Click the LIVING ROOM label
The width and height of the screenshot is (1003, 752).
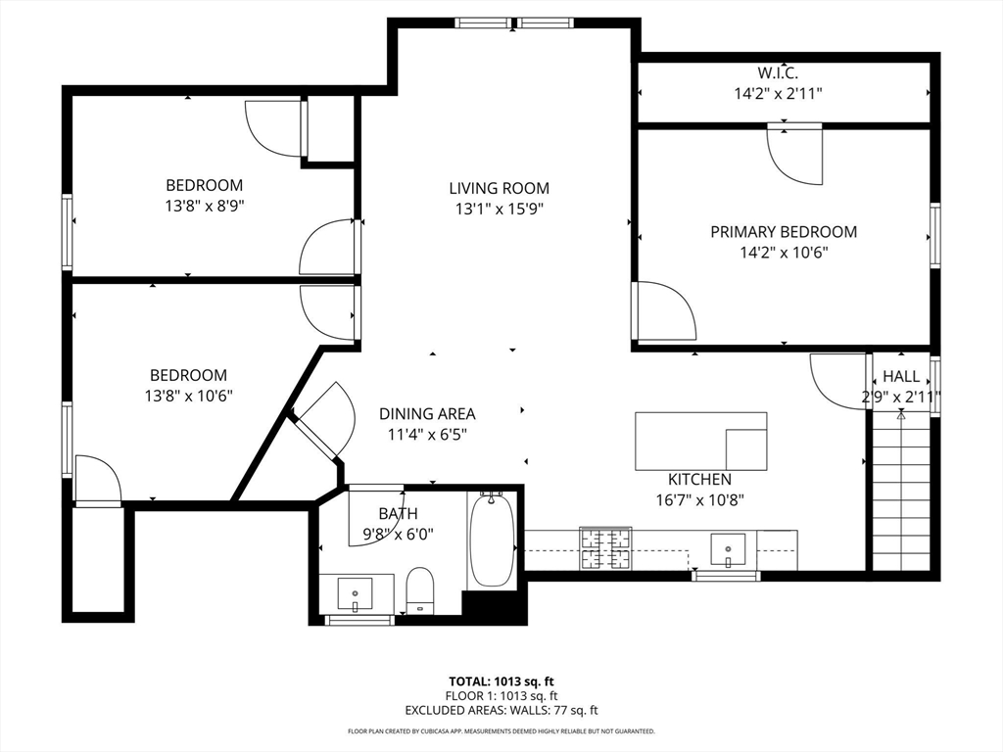pyautogui.click(x=499, y=188)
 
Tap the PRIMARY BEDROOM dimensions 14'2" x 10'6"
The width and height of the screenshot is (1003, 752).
pyautogui.click(x=785, y=253)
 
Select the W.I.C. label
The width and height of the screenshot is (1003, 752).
pyautogui.click(x=777, y=72)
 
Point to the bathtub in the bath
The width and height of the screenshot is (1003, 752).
pyautogui.click(x=492, y=540)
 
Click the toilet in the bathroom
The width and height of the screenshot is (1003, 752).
pyautogui.click(x=420, y=588)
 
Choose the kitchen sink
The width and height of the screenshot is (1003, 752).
pyautogui.click(x=728, y=549)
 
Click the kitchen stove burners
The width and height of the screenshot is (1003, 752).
pyautogui.click(x=605, y=548)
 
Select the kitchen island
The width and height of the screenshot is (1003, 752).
pyautogui.click(x=701, y=442)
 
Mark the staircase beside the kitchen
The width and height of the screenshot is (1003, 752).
pyautogui.click(x=901, y=493)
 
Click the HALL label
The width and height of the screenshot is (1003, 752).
pyautogui.click(x=901, y=376)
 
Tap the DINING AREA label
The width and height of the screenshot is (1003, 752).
pyautogui.click(x=427, y=414)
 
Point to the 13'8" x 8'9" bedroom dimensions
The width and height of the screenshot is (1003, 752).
pyautogui.click(x=205, y=206)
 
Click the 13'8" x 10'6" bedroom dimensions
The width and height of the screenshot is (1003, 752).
pyautogui.click(x=189, y=396)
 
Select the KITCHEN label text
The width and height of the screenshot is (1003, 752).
pyautogui.click(x=699, y=479)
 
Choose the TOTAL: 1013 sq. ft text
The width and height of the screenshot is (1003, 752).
pyautogui.click(x=501, y=681)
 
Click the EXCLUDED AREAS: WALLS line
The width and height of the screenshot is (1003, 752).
pyautogui.click(x=501, y=710)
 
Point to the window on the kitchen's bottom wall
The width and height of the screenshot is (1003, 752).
pyautogui.click(x=726, y=576)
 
